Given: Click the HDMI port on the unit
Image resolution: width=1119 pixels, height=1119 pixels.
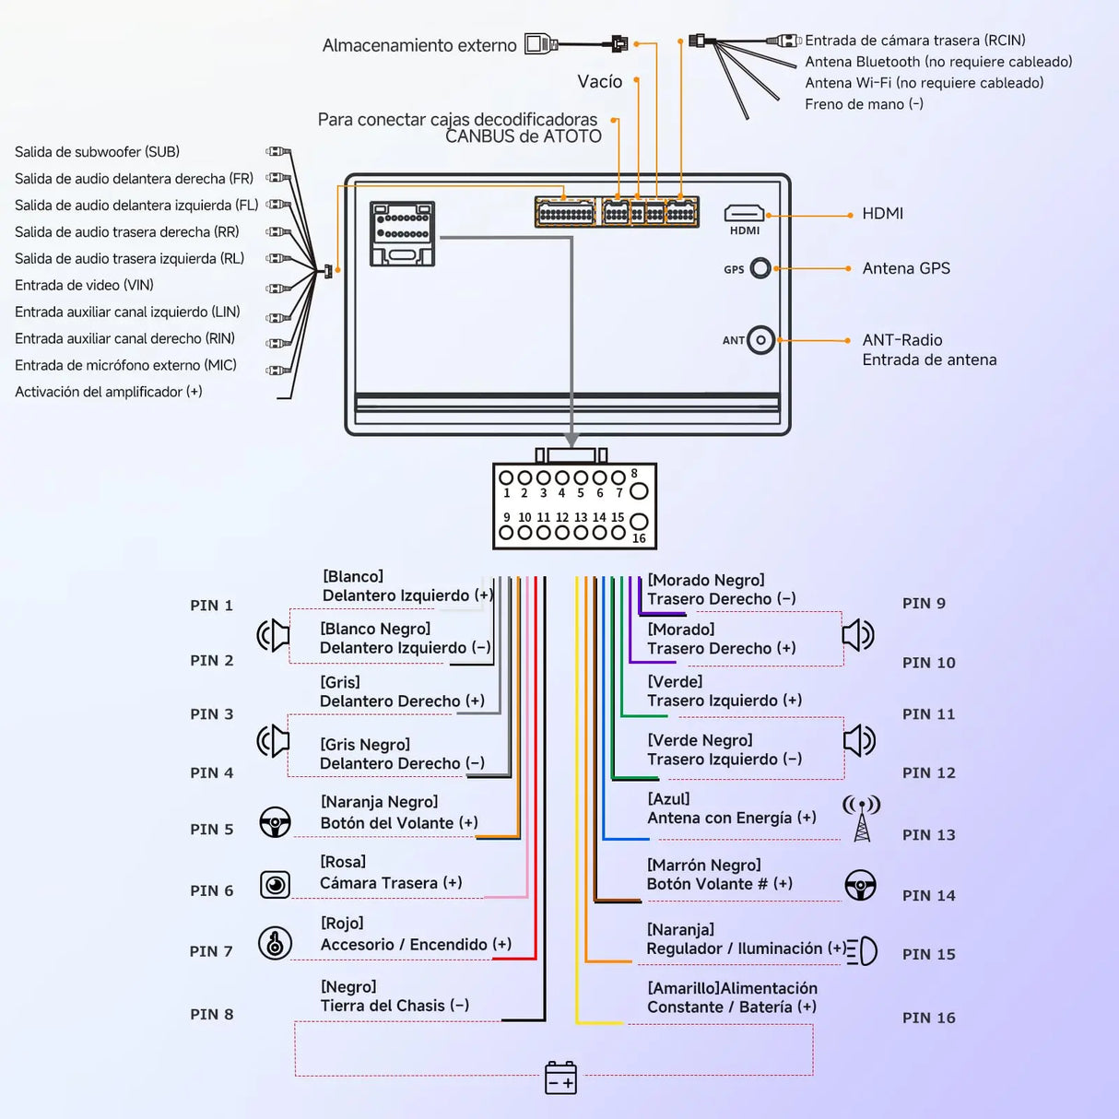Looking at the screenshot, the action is tap(744, 213).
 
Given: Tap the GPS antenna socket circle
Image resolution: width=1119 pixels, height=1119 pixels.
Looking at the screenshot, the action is tap(760, 268).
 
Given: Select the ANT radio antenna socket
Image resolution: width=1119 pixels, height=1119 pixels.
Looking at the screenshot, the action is tap(760, 340).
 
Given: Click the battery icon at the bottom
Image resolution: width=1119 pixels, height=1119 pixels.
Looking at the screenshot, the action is tap(560, 1078).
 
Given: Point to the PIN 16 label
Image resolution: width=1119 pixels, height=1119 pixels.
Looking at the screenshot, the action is tap(928, 1018).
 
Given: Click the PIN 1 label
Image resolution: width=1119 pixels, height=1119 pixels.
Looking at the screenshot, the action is tap(211, 606).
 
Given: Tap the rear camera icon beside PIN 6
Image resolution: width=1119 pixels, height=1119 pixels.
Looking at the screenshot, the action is tap(275, 885).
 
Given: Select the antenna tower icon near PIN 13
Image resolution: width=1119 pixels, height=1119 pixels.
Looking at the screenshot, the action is tap(862, 819).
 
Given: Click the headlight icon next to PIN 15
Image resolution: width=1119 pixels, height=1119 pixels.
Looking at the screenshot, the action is tap(862, 951).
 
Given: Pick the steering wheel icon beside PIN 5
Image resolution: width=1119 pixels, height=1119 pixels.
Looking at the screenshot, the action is tap(275, 822).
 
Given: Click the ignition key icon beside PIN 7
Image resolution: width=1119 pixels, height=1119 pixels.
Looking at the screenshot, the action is tap(275, 942).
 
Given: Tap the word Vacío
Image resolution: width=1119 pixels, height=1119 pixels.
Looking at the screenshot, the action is tap(599, 81).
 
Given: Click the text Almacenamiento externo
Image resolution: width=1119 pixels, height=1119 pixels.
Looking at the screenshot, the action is tap(419, 45).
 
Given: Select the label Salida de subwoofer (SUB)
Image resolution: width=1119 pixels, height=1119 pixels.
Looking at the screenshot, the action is tap(97, 151).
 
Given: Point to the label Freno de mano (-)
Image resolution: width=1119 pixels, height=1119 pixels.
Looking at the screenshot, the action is tap(864, 104).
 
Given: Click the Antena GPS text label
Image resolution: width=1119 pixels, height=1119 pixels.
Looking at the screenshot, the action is tap(906, 268).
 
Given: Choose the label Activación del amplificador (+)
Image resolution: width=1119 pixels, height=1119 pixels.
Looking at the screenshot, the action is tap(109, 392).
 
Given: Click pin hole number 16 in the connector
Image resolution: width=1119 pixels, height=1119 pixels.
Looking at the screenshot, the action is tap(639, 521).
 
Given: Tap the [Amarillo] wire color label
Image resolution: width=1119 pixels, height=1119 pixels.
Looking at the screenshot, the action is tap(684, 988).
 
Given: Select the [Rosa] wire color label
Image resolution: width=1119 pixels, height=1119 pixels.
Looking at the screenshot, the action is tap(343, 862).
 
